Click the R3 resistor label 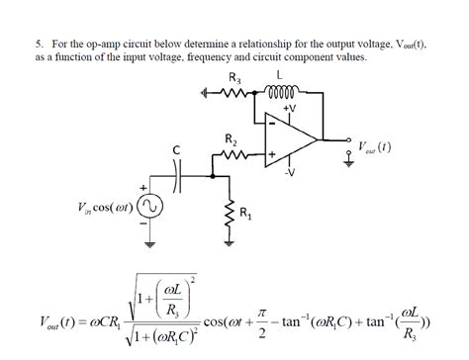coord(234,78)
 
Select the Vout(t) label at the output coord(377,149)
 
